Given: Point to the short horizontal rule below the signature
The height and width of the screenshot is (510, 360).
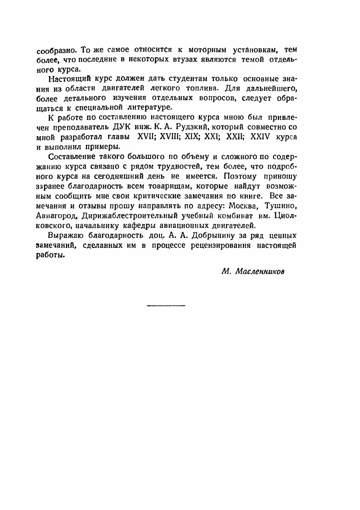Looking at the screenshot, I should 166,305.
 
